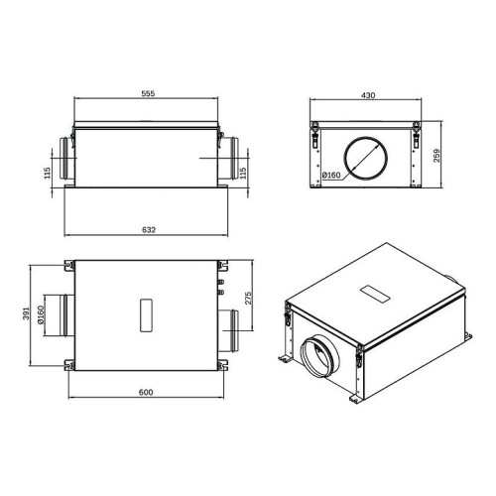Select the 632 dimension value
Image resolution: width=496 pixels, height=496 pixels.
pyautogui.click(x=146, y=229)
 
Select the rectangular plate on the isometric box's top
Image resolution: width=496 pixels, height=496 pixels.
pyautogui.click(x=378, y=294)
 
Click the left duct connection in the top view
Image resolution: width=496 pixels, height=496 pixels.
pyautogui.click(x=61, y=316)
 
